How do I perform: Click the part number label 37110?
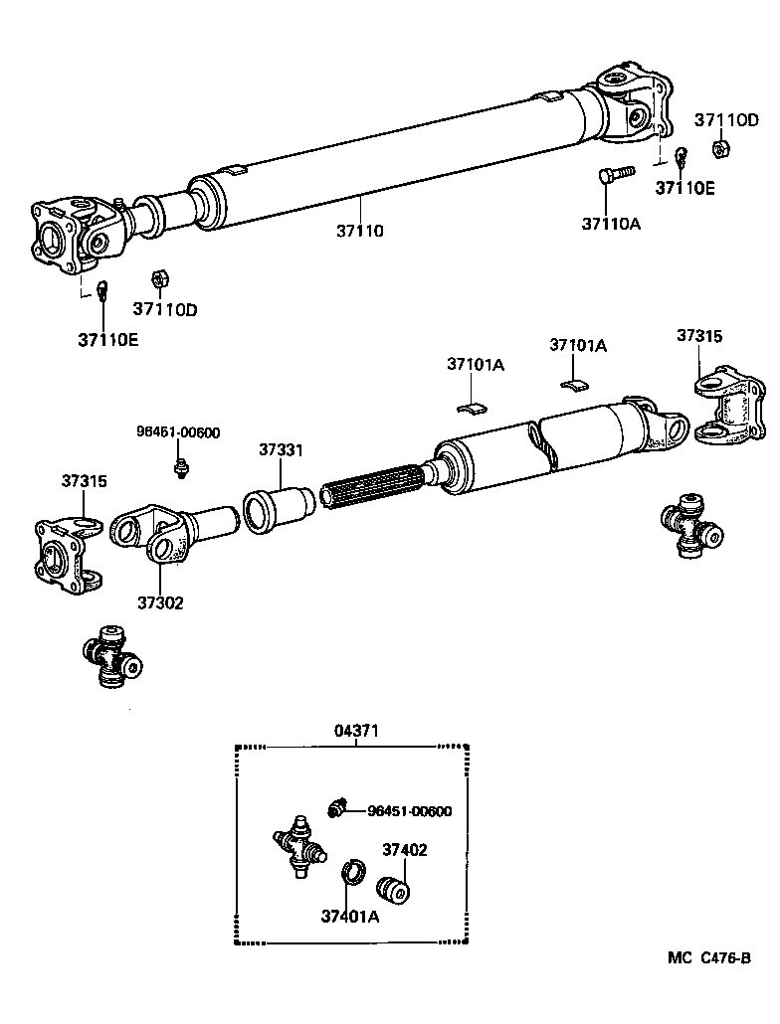point(359,231)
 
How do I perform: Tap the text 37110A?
point(611,224)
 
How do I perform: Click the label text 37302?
point(160,602)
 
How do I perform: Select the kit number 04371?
point(356,731)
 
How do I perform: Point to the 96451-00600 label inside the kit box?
point(409,811)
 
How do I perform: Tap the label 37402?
point(405,850)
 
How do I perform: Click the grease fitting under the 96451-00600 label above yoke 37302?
point(181,464)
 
